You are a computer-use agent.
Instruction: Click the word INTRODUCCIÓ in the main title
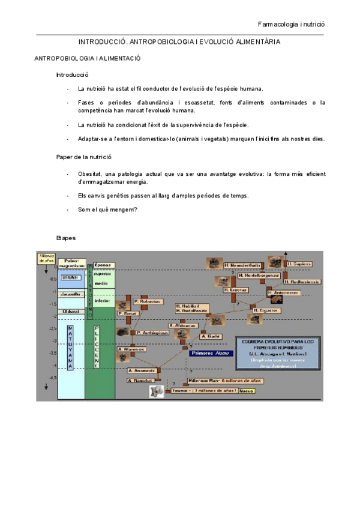[103, 43]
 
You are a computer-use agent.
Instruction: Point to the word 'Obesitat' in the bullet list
[90, 173]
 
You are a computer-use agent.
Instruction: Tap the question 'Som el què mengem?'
[107, 209]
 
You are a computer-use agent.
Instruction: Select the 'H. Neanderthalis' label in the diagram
[242, 265]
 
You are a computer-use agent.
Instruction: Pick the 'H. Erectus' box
[235, 289]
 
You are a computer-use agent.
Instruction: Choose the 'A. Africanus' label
[182, 325]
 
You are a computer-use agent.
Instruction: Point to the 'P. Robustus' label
[148, 301]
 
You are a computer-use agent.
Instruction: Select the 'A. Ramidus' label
[140, 380]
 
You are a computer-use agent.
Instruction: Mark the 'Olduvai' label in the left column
[71, 311]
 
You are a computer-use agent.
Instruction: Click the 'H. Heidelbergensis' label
[258, 276]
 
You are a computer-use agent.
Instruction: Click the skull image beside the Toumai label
[157, 391]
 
